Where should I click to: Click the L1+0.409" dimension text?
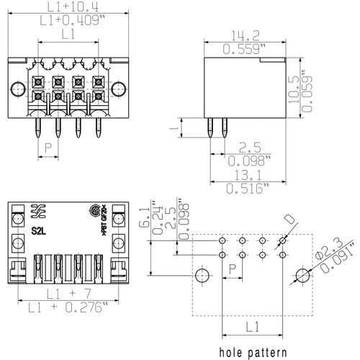pyautogui.click(x=68, y=21)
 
